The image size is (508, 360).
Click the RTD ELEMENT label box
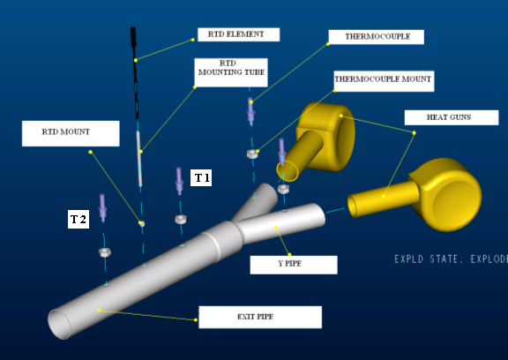coord(238,34)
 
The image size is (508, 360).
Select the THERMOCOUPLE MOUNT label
coord(384,81)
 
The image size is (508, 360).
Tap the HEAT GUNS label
coord(452,117)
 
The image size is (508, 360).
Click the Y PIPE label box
coord(294,265)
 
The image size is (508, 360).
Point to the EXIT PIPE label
coord(260,317)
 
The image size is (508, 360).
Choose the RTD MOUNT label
coord(71,133)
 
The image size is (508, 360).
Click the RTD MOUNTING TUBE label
coord(231,72)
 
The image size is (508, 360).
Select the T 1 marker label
coord(201,177)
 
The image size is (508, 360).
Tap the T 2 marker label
coord(78,220)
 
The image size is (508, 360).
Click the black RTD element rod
coord(134,73)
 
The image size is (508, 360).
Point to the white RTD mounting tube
coord(139,159)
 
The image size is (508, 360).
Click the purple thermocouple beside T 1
coord(179,181)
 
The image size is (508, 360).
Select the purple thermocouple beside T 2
coord(102,207)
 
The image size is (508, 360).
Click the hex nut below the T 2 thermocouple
coord(105,252)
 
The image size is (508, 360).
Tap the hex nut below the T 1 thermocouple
coord(181,220)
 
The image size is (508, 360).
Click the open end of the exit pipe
coord(59,325)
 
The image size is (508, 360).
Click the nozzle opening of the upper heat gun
coord(287,171)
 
